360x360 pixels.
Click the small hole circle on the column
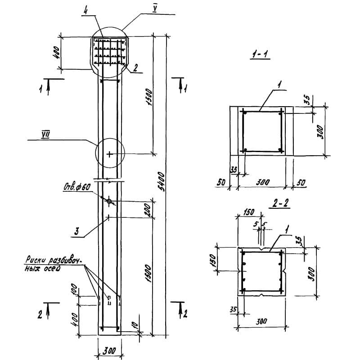pos(109,201)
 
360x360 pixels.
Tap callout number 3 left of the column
pos(77,232)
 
